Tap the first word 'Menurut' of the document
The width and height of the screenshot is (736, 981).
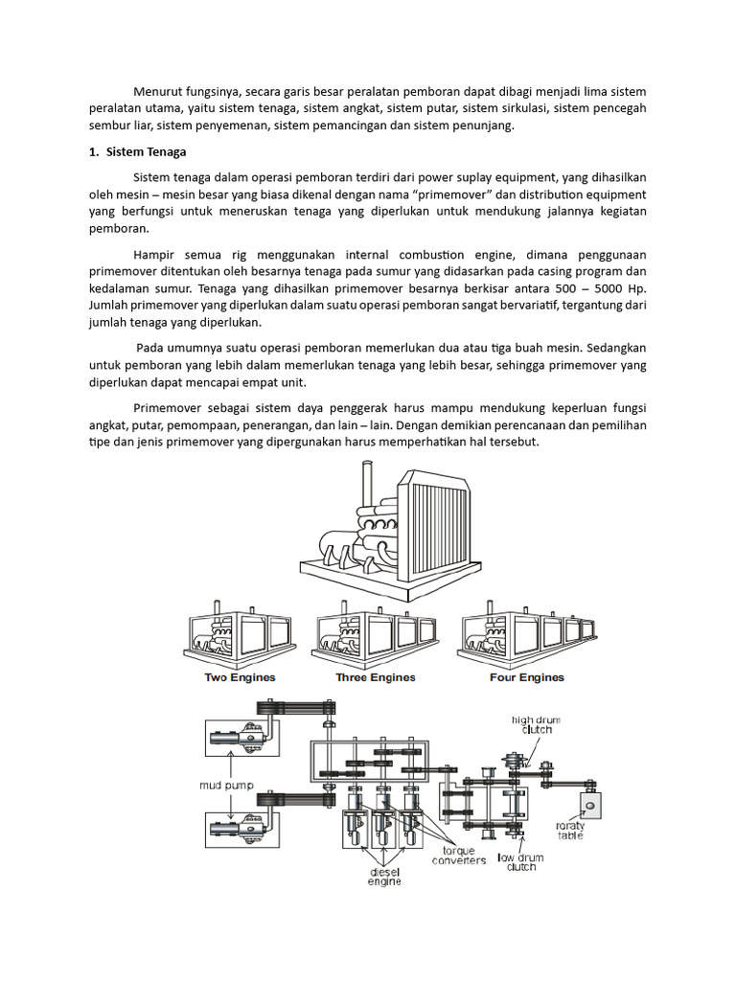pyautogui.click(x=160, y=91)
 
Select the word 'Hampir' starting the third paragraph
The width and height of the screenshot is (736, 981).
pyautogui.click(x=155, y=255)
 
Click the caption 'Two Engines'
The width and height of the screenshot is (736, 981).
pyautogui.click(x=240, y=677)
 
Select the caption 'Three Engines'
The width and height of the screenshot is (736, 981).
pyautogui.click(x=376, y=677)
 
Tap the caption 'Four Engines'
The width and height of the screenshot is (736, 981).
pyautogui.click(x=527, y=677)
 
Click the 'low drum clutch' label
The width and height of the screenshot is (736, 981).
pyautogui.click(x=521, y=861)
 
